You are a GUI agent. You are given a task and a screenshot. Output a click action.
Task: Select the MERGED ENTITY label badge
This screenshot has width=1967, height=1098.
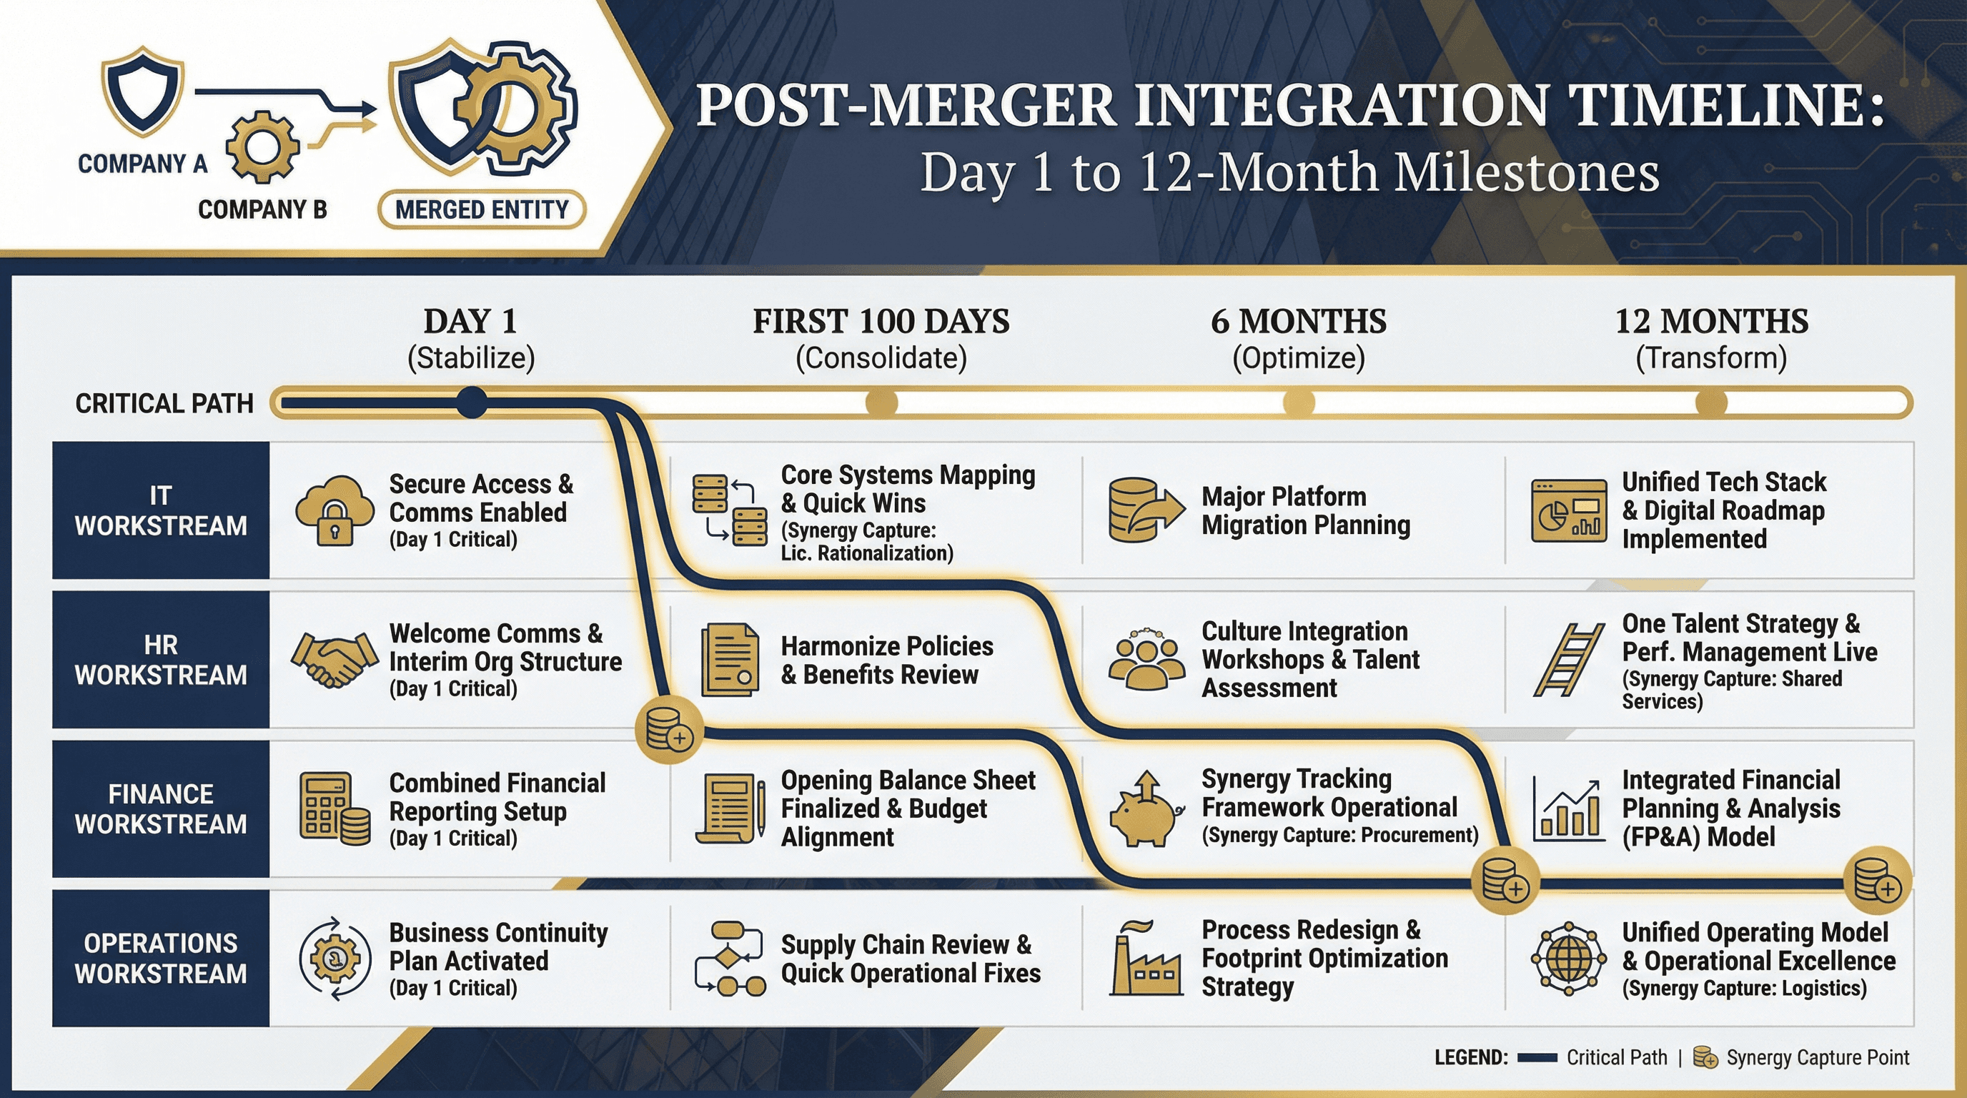[482, 209]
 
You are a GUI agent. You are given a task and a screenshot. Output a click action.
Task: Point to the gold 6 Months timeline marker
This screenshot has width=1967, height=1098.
[1298, 402]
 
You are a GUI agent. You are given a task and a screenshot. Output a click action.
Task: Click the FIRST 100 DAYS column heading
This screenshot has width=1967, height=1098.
[881, 322]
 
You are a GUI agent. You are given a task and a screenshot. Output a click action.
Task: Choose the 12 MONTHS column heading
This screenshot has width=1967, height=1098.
[1711, 322]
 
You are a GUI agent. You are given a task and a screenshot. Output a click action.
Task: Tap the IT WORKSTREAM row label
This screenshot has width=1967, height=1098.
[160, 510]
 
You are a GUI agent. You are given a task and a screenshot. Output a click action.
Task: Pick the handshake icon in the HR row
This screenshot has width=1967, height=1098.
[335, 659]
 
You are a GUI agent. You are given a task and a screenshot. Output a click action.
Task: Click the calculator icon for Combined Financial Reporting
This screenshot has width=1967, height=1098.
[335, 808]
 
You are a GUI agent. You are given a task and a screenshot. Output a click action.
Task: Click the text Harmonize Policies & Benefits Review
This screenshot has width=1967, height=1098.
[886, 660]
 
